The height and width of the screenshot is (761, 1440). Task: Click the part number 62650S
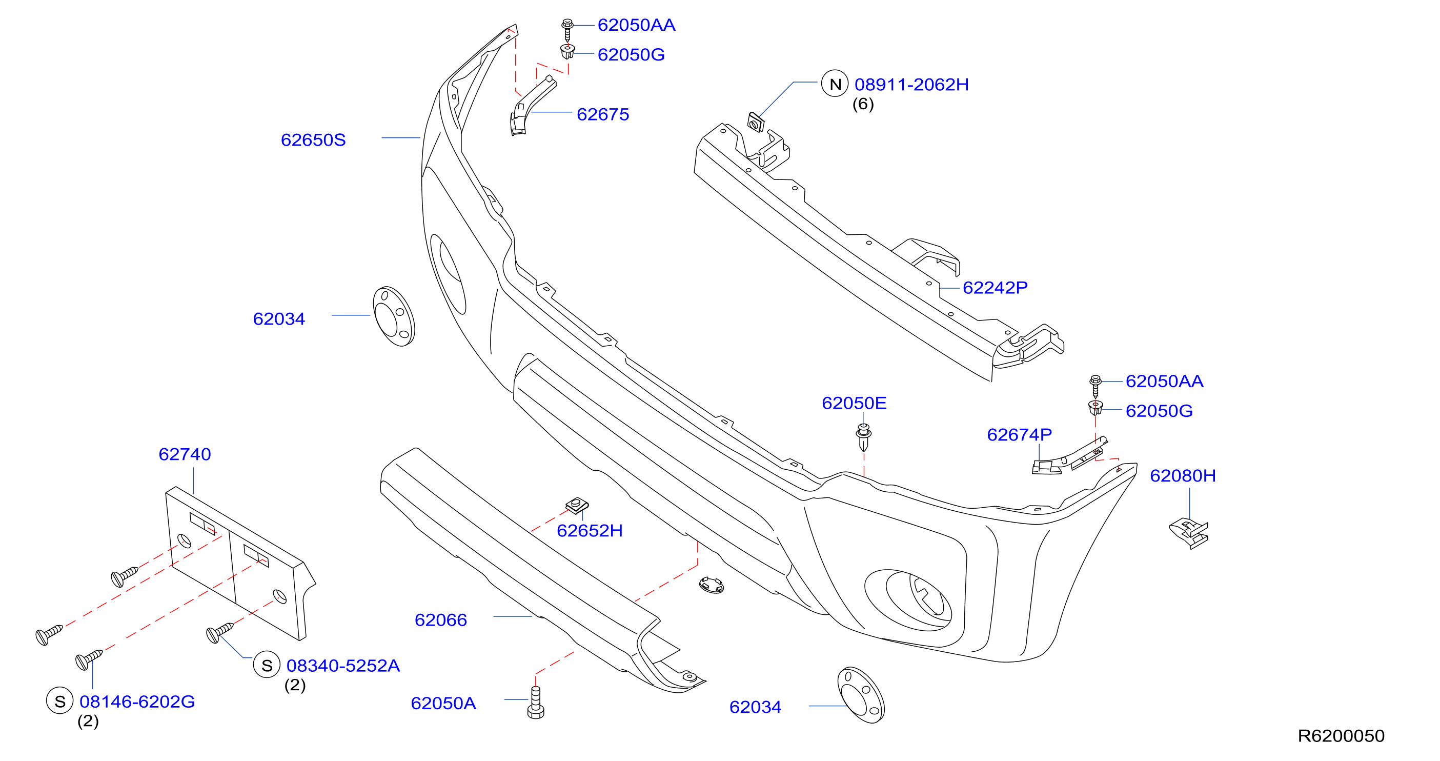click(313, 140)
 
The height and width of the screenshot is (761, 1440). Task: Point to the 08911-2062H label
click(912, 85)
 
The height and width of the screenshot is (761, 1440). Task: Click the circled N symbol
click(835, 84)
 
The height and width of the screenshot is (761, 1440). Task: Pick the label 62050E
click(854, 403)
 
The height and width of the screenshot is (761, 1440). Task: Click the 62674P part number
click(1020, 434)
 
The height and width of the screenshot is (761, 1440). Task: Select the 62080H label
click(1183, 475)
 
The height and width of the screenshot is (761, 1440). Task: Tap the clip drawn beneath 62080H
click(1189, 533)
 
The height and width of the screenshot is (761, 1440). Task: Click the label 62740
click(185, 454)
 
